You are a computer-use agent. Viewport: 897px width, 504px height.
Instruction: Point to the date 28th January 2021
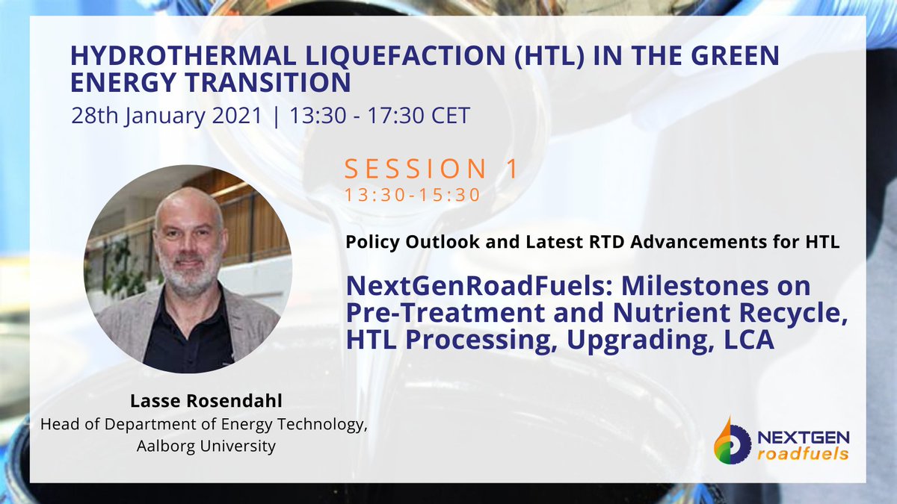pos(168,116)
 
